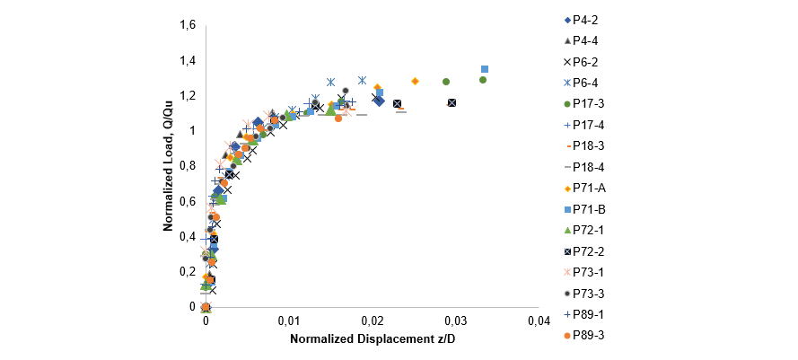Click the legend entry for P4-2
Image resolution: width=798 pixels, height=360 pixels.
(586, 19)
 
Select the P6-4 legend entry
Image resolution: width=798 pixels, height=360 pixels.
(586, 82)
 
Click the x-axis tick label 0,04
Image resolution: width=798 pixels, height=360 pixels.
(539, 321)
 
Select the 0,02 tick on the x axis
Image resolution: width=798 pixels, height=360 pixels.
(373, 321)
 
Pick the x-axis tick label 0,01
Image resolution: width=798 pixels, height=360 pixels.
(289, 321)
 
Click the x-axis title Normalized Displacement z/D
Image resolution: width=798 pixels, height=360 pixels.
(373, 340)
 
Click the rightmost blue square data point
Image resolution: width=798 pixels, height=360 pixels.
(485, 69)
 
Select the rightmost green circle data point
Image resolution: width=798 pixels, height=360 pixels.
(483, 80)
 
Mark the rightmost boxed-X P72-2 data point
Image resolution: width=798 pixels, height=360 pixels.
(452, 102)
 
